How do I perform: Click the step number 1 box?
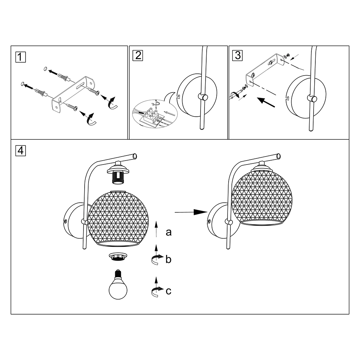pos(21,57)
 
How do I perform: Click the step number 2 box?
pos(138,56)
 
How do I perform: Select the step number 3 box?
pos(238,56)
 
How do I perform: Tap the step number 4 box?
pos(21,151)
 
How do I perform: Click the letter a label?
pos(168,232)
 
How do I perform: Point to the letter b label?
pos(168,260)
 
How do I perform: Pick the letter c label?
pos(168,291)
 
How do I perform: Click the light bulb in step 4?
pos(118,285)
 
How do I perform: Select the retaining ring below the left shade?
pos(118,256)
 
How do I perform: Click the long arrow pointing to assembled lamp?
pos(191,212)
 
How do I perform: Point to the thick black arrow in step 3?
pos(266,102)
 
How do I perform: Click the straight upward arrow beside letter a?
pos(156,229)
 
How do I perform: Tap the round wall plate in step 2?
pos(197,95)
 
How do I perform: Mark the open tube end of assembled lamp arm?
pos(279,156)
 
